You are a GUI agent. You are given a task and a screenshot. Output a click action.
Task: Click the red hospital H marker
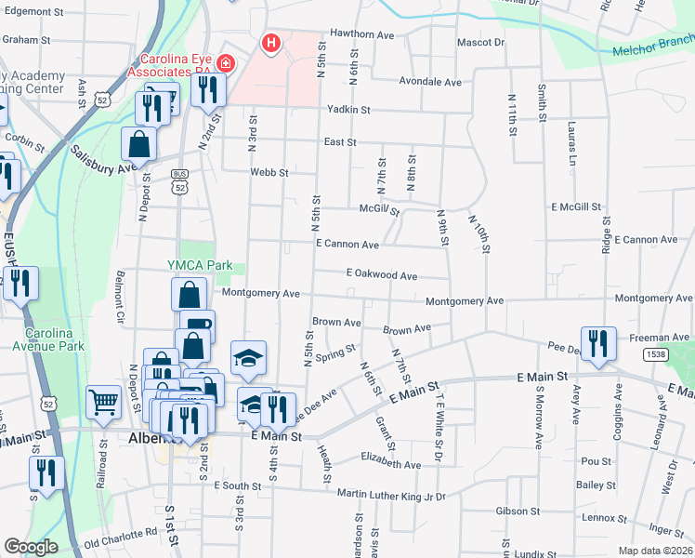270,42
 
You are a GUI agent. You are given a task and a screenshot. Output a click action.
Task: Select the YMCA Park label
199,265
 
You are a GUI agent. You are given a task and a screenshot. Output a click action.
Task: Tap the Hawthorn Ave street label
362,33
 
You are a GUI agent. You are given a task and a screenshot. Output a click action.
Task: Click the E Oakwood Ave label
381,275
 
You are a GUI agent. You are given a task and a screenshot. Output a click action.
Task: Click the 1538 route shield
655,353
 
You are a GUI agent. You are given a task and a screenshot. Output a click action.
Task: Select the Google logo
31,547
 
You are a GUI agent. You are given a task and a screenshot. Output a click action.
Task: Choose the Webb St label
269,172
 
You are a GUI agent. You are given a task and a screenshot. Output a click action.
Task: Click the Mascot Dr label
481,43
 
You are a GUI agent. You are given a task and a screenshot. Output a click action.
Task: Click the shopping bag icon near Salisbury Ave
138,144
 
